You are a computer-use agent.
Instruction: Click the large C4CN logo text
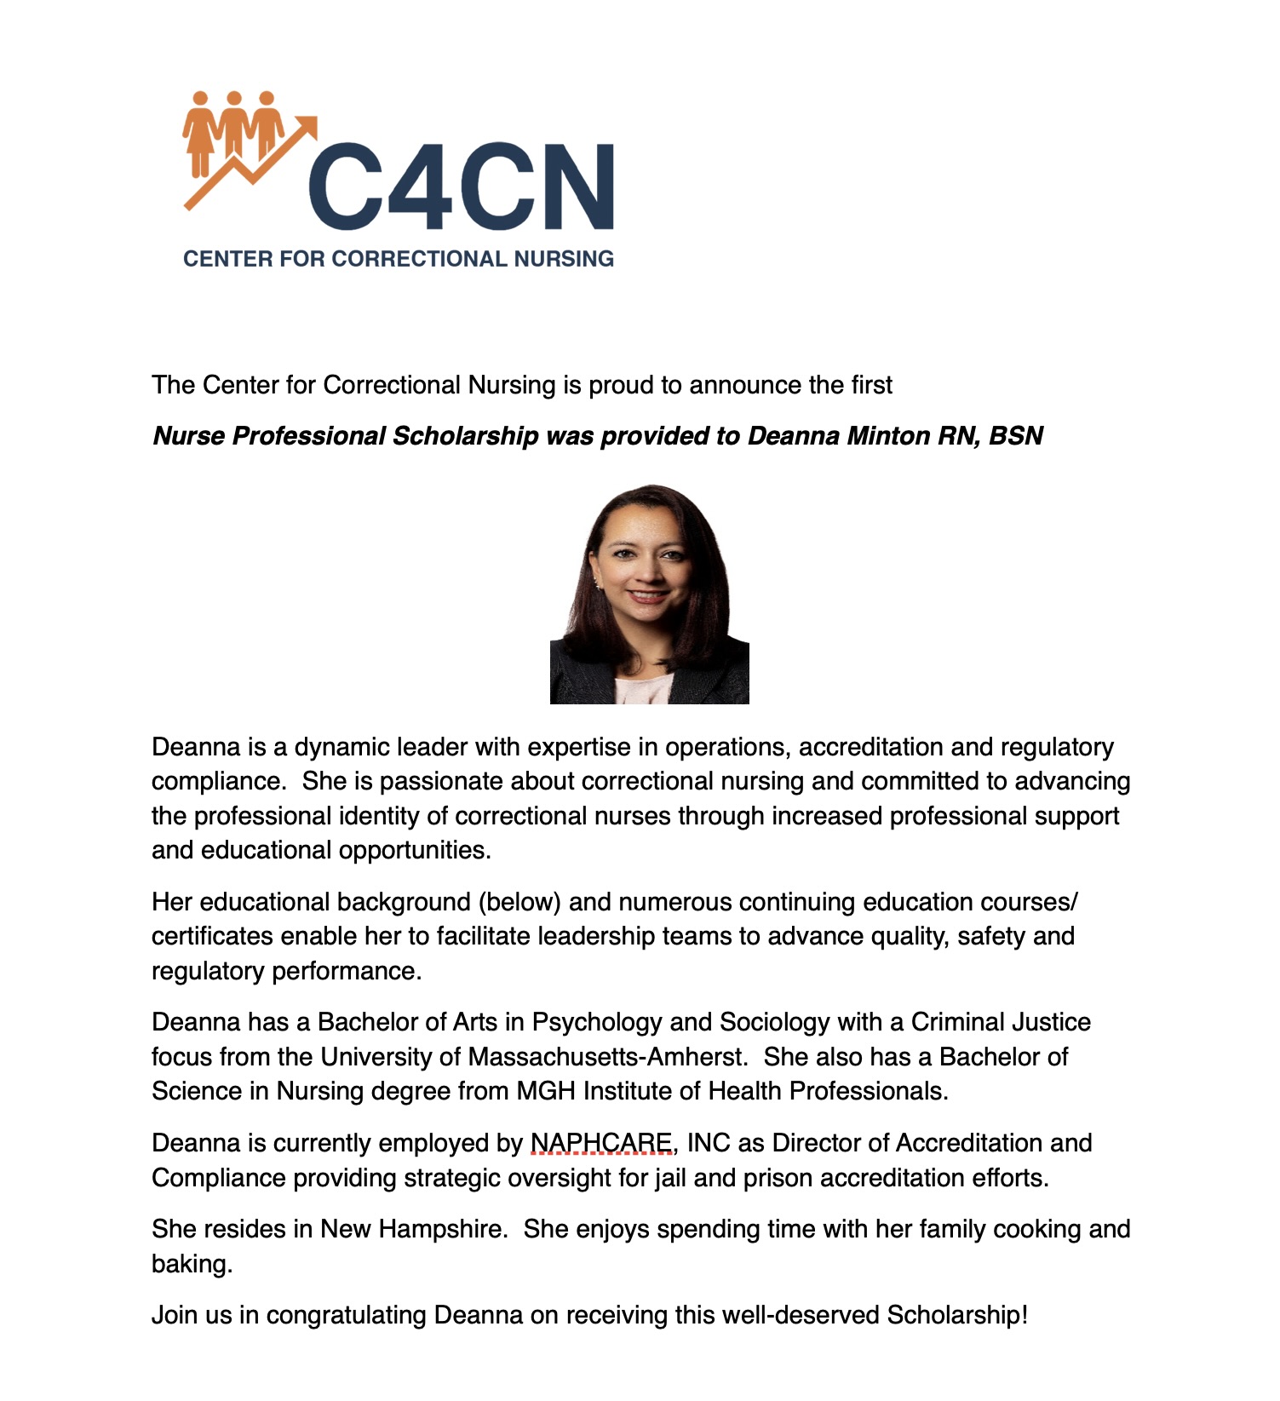tap(461, 187)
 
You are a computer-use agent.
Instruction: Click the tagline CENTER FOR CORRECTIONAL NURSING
tap(399, 259)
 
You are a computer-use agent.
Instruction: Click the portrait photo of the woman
tap(649, 594)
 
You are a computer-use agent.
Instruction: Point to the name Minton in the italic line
tap(882, 436)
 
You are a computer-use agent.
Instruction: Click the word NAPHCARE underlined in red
tap(601, 1143)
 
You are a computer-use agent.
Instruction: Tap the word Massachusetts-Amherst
tap(606, 1057)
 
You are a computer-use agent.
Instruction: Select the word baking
tap(191, 1264)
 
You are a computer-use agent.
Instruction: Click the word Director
tap(825, 1143)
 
